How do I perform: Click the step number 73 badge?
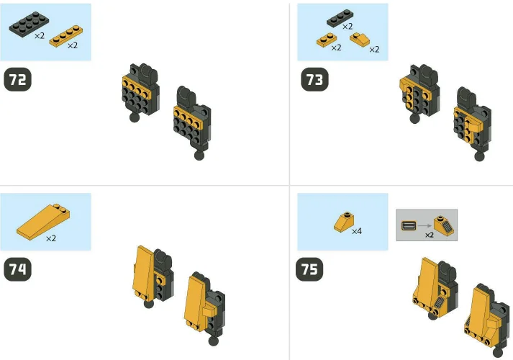[314, 80]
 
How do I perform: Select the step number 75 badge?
[311, 270]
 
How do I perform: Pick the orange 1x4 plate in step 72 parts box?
[63, 35]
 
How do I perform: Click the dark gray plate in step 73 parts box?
[338, 17]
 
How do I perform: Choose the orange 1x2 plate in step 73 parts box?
[327, 40]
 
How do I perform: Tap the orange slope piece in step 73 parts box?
[360, 38]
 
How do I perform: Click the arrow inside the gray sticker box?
[425, 226]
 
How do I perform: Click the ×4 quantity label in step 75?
[357, 232]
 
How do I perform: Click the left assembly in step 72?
[138, 93]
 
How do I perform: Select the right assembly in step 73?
[470, 119]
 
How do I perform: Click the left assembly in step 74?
[151, 274]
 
